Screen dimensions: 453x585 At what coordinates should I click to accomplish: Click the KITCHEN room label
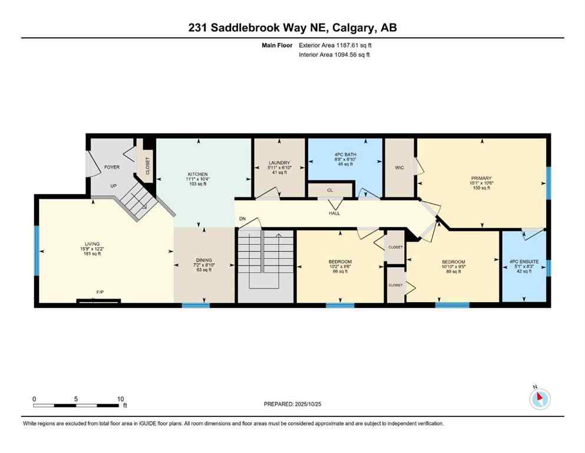(197, 175)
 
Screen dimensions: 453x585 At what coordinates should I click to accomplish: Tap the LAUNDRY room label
(279, 163)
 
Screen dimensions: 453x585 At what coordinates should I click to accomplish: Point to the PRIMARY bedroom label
(481, 178)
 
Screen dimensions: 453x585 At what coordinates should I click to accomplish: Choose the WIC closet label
(399, 168)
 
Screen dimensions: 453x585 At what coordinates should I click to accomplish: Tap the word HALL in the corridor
(335, 215)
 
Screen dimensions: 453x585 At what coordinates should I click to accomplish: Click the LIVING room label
(92, 244)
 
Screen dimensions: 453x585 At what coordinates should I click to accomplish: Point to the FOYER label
(112, 167)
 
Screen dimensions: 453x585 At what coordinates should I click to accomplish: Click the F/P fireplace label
(100, 291)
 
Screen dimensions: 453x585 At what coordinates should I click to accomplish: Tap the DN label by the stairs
(242, 219)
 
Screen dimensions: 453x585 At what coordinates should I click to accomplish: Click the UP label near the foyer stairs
(113, 186)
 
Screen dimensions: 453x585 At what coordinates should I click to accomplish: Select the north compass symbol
(540, 399)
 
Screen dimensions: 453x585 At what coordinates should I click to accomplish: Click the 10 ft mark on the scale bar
(120, 399)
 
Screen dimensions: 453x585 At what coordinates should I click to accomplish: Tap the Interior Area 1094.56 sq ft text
(335, 55)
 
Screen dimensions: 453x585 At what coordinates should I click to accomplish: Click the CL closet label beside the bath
(330, 191)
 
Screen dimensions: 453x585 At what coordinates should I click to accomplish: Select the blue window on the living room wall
(37, 251)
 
